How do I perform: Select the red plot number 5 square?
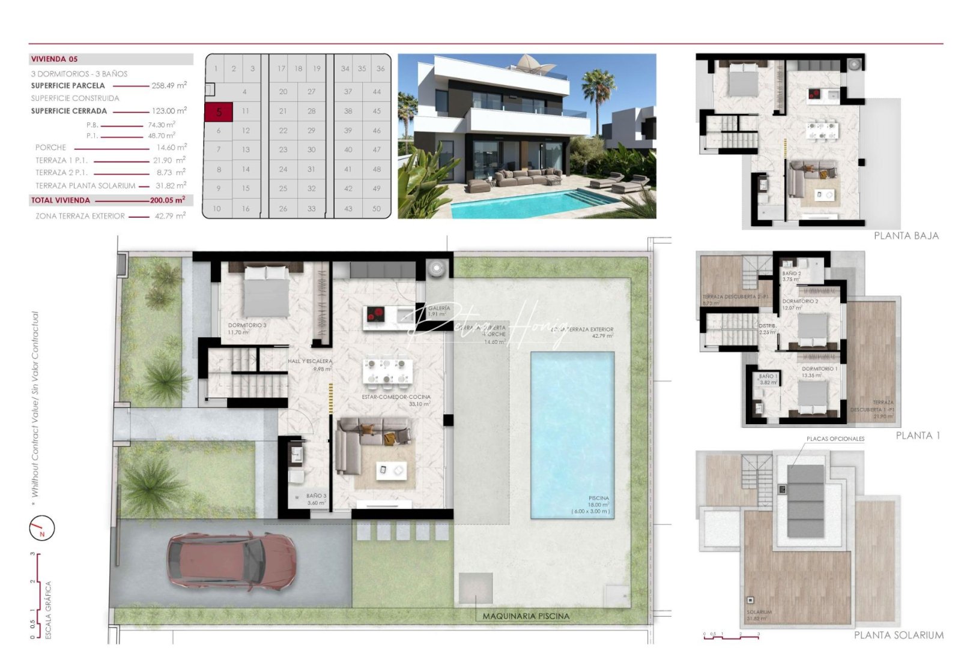pyautogui.click(x=219, y=112)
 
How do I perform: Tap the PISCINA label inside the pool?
pyautogui.click(x=598, y=499)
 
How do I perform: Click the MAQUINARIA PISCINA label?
pyautogui.click(x=526, y=616)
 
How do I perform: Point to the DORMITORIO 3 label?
pyautogui.click(x=247, y=325)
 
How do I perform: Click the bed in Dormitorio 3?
pyautogui.click(x=266, y=290)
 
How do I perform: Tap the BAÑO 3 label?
pyautogui.click(x=316, y=496)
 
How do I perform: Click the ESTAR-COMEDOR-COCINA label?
pyautogui.click(x=396, y=397)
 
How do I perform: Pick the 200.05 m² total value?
pyautogui.click(x=167, y=200)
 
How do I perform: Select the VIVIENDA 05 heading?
pyautogui.click(x=54, y=59)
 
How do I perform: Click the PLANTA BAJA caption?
pyautogui.click(x=906, y=236)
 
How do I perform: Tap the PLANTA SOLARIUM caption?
pyautogui.click(x=899, y=635)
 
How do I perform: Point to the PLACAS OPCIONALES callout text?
pyautogui.click(x=835, y=439)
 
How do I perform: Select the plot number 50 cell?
pyautogui.click(x=377, y=209)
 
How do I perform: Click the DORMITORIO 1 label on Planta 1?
pyautogui.click(x=819, y=369)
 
